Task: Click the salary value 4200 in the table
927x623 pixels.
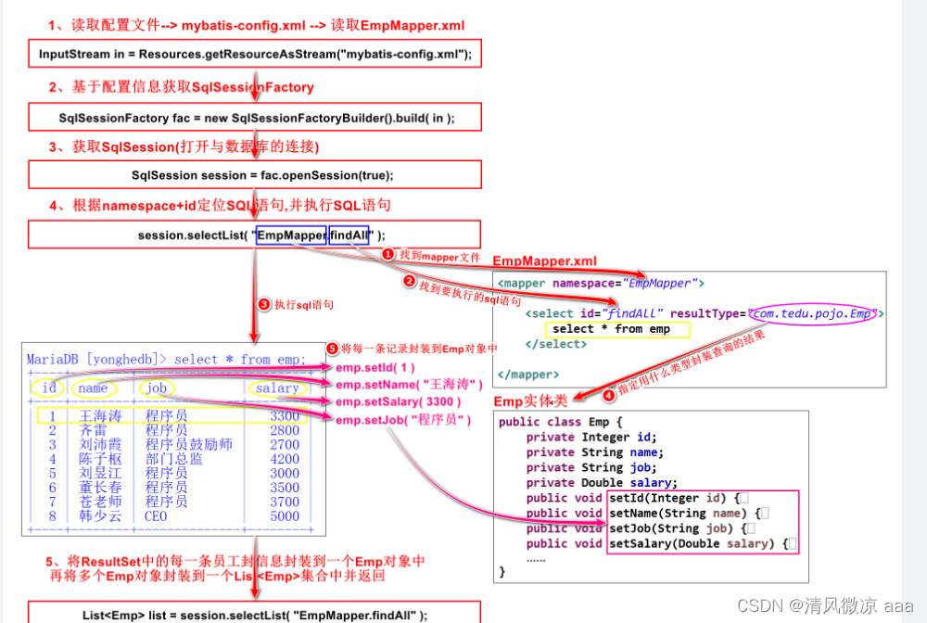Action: click(x=285, y=459)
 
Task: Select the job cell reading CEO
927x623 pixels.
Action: click(x=156, y=516)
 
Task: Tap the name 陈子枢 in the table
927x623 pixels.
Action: click(x=100, y=459)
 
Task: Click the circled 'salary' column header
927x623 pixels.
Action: click(x=277, y=388)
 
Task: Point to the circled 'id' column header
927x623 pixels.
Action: click(x=48, y=388)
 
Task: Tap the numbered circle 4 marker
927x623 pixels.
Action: click(x=608, y=394)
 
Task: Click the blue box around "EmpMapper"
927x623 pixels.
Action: click(x=290, y=235)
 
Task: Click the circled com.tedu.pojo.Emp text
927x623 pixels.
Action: click(x=812, y=313)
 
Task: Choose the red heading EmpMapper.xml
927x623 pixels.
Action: click(x=545, y=261)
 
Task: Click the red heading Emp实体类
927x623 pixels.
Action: click(x=531, y=400)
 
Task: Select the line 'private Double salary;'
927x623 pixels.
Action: click(x=602, y=482)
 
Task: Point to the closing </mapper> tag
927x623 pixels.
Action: click(x=528, y=375)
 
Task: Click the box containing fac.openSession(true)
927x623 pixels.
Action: click(x=255, y=175)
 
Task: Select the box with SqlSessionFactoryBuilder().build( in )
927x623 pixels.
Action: click(x=255, y=118)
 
